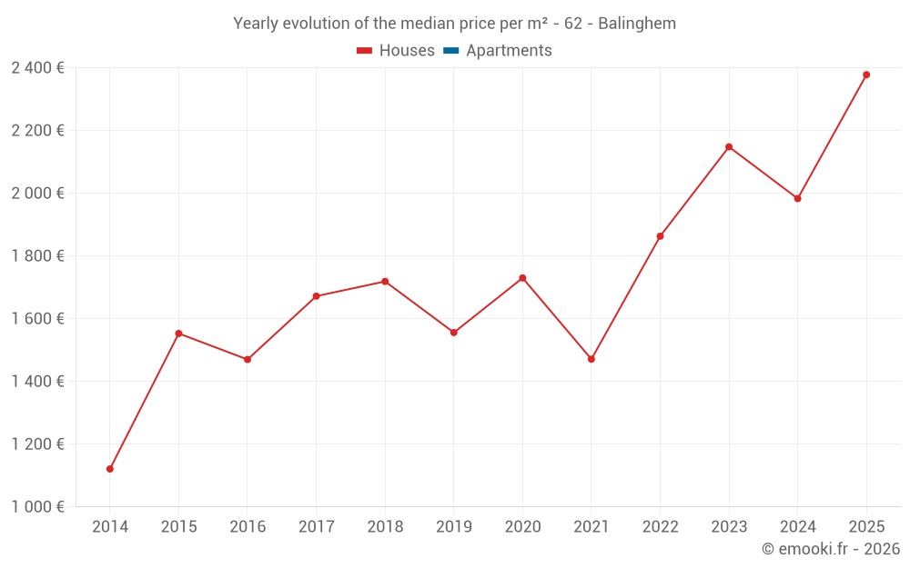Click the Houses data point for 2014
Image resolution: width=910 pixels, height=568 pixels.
110,469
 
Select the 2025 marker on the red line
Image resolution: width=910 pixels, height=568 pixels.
866,75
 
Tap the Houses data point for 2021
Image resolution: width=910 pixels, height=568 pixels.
591,359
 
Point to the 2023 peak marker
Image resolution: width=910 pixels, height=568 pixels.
729,146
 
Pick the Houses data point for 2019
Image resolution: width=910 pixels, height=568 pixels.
454,333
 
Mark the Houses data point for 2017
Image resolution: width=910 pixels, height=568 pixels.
316,296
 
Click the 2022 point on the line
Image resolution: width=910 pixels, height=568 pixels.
660,236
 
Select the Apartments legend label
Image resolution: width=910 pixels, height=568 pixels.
509,51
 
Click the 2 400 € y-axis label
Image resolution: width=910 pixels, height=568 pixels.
37,68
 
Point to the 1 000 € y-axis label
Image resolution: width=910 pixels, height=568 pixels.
37,507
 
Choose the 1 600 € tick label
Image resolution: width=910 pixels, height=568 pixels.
37,319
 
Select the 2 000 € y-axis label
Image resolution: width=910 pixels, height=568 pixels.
37,194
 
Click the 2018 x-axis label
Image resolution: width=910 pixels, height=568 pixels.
385,527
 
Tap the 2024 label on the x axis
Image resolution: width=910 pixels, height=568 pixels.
797,527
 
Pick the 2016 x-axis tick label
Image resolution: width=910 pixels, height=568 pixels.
248,527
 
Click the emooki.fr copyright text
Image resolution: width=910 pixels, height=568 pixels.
831,549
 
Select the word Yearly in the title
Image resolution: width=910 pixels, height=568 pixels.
256,24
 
